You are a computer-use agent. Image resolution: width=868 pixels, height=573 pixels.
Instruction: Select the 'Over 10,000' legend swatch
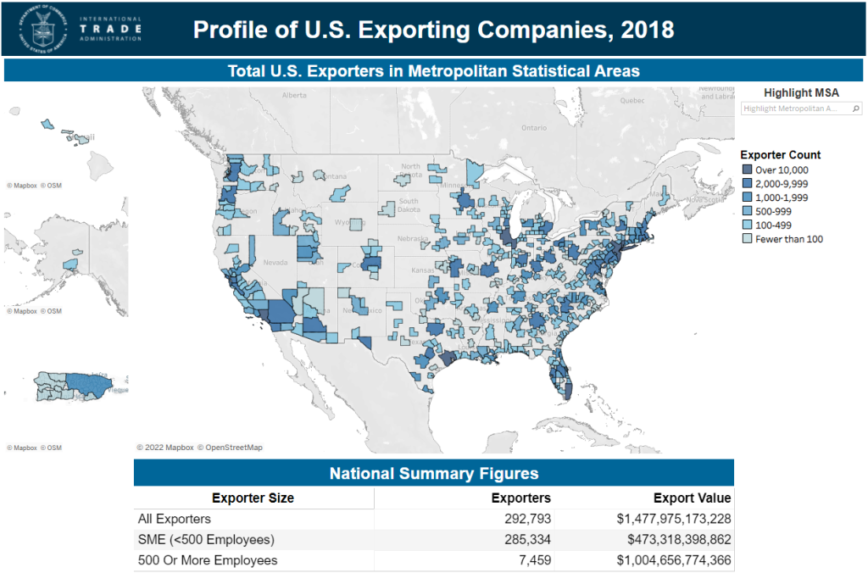click(x=746, y=170)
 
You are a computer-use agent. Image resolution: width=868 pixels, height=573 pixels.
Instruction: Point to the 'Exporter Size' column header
click(x=253, y=498)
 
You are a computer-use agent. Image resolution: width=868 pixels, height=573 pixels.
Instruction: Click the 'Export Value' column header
click(x=692, y=498)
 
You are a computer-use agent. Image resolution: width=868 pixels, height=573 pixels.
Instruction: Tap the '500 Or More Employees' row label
click(x=207, y=560)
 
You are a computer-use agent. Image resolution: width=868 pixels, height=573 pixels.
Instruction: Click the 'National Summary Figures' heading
click(x=433, y=474)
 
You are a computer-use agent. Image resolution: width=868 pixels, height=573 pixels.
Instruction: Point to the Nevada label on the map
click(x=275, y=263)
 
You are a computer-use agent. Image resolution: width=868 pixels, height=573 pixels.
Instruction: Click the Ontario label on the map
click(x=534, y=128)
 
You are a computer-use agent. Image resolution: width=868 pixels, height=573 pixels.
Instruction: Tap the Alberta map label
click(x=294, y=95)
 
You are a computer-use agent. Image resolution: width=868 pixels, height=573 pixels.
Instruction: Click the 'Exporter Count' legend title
click(x=780, y=155)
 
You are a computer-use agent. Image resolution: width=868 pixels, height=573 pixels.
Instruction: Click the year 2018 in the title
click(x=648, y=30)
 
